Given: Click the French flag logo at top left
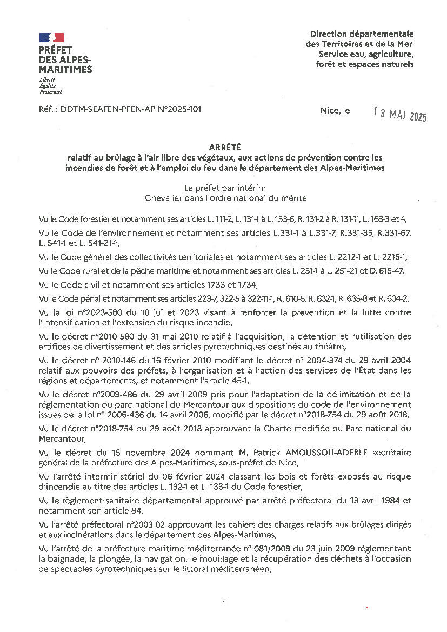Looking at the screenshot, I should (51, 37).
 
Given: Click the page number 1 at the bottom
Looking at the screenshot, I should (224, 603).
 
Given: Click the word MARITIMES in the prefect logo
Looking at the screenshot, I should (65, 70).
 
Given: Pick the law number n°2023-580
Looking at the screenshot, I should (86, 312).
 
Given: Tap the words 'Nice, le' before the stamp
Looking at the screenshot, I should (335, 111).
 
